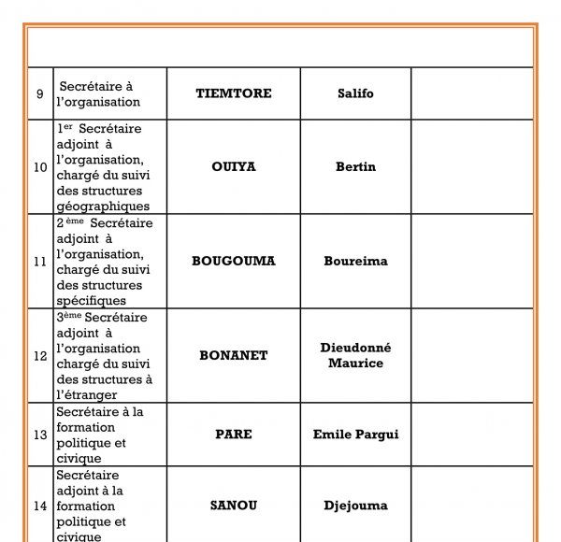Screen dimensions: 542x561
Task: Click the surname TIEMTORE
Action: [x=233, y=93]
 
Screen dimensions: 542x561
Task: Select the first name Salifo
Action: [x=355, y=93]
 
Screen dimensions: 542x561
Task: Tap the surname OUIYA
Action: [x=233, y=167]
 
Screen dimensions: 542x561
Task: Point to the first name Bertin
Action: [x=355, y=167]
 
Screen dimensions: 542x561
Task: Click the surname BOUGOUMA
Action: [x=233, y=262]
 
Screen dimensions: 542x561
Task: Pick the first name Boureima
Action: [x=355, y=262]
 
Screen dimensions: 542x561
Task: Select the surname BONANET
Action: [x=233, y=356]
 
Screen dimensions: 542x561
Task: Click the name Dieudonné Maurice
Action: [x=355, y=355]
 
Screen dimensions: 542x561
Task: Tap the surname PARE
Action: [x=233, y=435]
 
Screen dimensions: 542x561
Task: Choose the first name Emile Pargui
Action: [x=355, y=435]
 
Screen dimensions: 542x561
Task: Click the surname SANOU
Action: [x=233, y=506]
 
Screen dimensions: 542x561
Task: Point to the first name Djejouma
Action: [x=355, y=506]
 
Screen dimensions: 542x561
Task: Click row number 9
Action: [x=39, y=93]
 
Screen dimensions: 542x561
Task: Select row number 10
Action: [x=40, y=167]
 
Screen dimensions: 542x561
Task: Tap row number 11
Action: [x=40, y=262]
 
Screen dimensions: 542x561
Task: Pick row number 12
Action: [x=40, y=356]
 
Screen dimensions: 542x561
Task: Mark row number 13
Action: [x=40, y=435]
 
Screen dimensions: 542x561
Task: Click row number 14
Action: [x=40, y=506]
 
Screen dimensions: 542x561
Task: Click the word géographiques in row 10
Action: [x=102, y=207]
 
